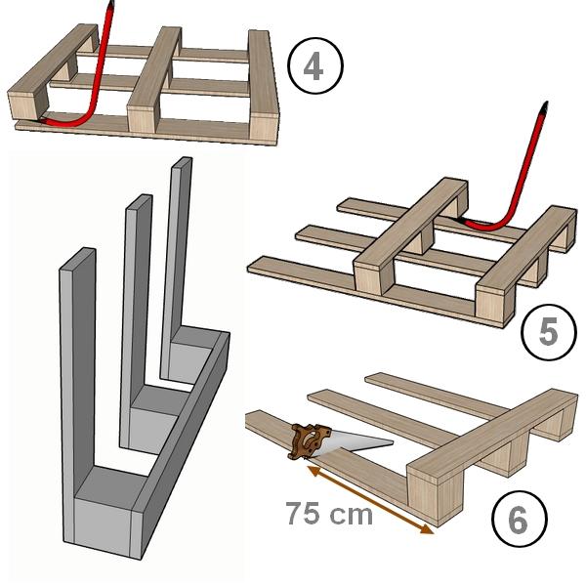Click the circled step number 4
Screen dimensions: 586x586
click(315, 66)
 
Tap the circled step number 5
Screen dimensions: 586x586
click(549, 331)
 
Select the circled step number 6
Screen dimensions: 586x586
click(520, 520)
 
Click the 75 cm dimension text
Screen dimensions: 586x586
click(329, 514)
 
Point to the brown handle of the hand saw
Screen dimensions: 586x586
click(309, 440)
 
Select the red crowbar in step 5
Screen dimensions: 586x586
click(516, 180)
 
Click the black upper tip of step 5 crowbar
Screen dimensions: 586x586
click(544, 106)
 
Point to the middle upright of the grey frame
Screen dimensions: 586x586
click(137, 299)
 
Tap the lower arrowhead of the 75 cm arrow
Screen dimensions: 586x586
click(427, 528)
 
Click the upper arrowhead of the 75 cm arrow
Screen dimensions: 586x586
click(314, 471)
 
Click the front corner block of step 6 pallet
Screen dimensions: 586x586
click(436, 497)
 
